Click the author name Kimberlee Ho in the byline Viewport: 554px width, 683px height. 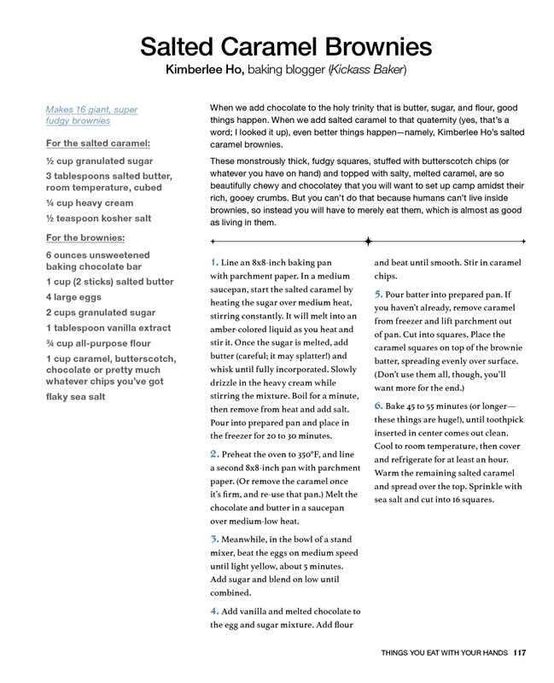204,69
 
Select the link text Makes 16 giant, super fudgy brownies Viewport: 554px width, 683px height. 91,115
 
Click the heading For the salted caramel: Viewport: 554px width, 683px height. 97,143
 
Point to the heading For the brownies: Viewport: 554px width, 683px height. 85,237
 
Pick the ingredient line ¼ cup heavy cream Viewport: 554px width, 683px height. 89,203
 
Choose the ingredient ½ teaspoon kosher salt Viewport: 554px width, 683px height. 98,218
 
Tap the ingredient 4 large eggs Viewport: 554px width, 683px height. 73,297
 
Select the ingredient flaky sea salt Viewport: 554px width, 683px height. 75,396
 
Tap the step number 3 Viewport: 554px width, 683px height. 213,539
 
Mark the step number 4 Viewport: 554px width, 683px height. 213,610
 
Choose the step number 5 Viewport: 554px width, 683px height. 378,295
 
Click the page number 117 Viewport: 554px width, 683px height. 519,653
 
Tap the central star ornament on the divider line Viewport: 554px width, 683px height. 368,242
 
